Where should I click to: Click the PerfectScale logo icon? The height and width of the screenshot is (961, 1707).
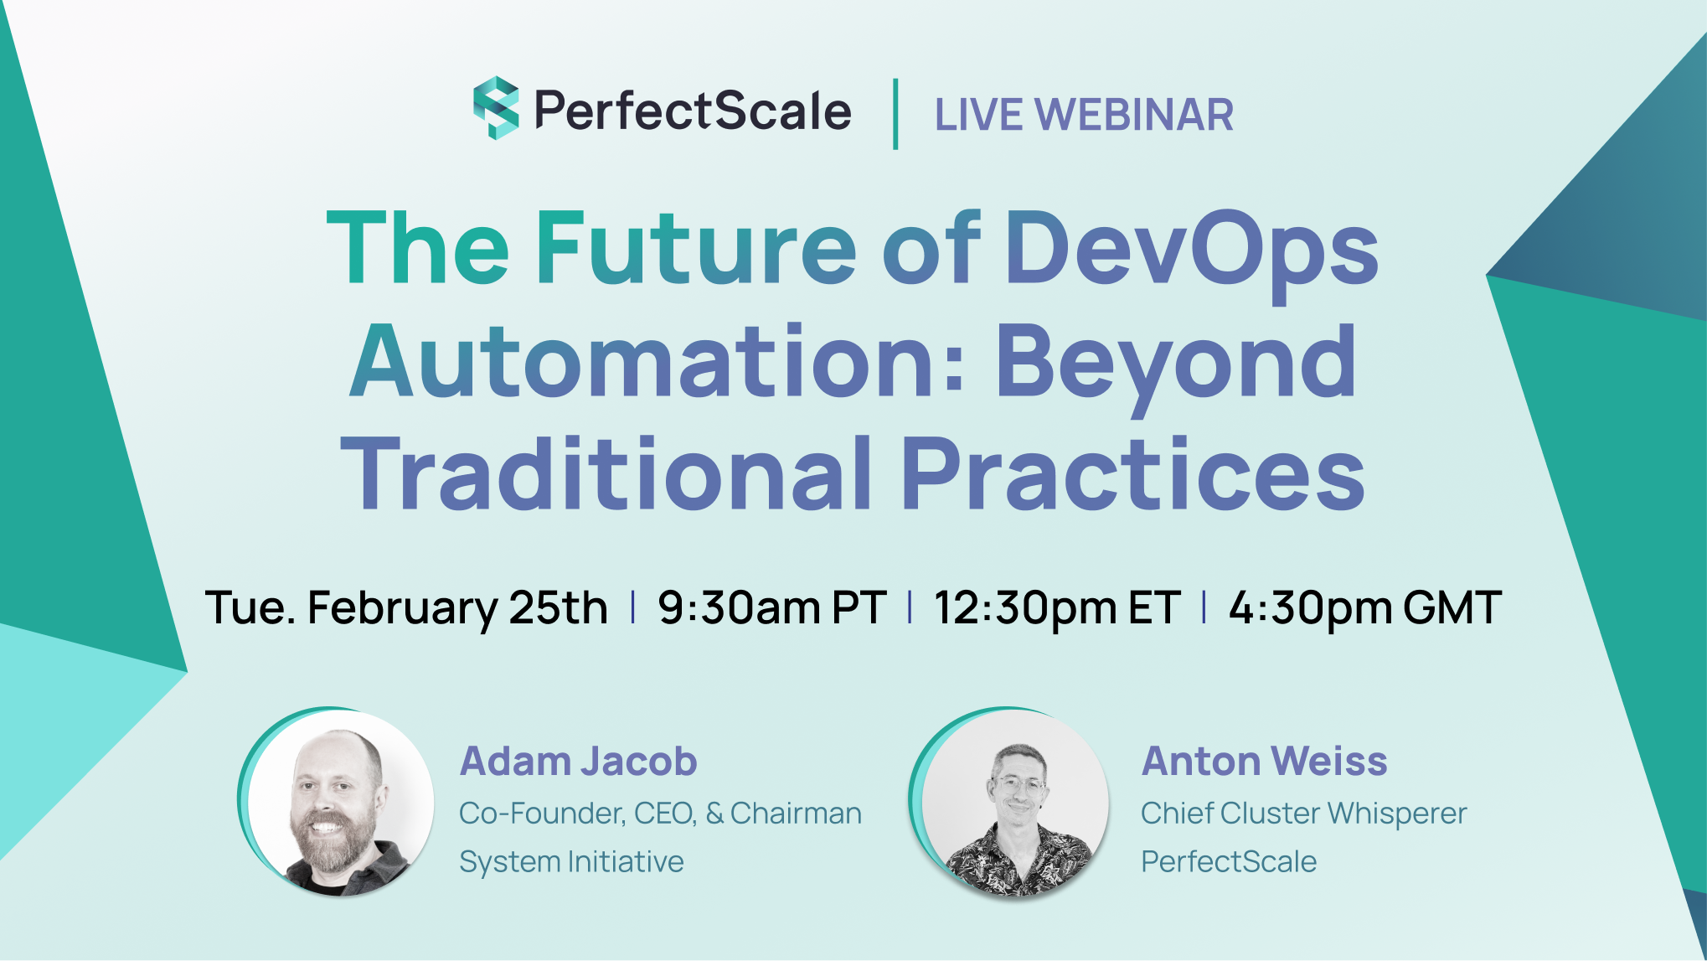pos(496,108)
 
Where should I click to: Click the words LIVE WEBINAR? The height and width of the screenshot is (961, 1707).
pos(1084,115)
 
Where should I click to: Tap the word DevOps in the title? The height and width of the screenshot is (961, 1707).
pos(1191,248)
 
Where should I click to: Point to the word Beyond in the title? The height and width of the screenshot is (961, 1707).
pos(1176,363)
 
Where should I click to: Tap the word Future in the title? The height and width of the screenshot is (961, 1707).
pos(695,248)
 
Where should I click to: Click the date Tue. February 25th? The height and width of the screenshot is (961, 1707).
pos(406,607)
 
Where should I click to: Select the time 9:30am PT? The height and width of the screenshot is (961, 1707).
pos(771,607)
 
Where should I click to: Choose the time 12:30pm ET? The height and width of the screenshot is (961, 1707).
pos(1057,607)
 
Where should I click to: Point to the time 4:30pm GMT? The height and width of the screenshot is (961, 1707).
pos(1364,607)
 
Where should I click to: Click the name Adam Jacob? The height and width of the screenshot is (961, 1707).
pos(578,762)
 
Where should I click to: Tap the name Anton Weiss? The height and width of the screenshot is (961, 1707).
pos(1264,762)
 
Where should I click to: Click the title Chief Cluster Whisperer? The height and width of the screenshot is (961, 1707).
pos(1303,814)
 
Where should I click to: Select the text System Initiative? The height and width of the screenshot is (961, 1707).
pos(571,862)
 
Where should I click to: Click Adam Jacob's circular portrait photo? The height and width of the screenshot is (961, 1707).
pos(339,803)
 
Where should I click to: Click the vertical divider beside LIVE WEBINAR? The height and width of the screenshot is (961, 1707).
pos(895,114)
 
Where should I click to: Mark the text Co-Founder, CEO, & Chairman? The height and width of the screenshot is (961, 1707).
pos(660,814)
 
